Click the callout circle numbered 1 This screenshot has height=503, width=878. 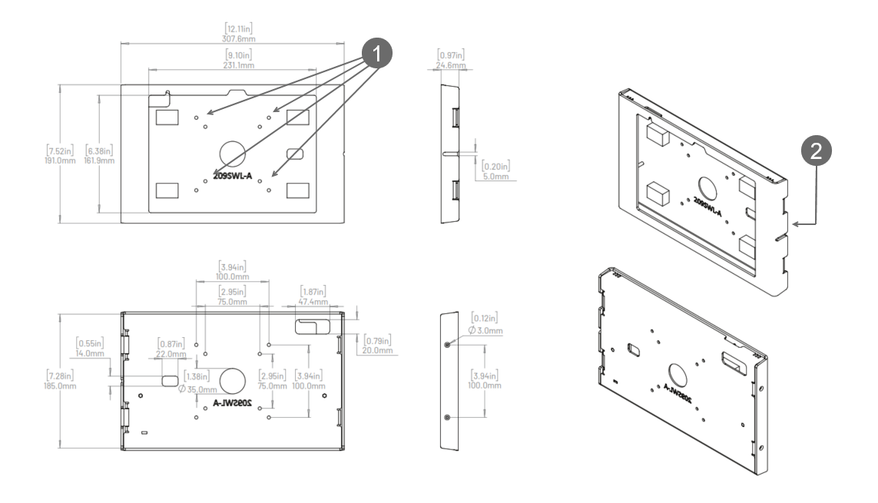coord(376,53)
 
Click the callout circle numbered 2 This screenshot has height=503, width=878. coord(816,151)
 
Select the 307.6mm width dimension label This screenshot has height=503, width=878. coord(239,39)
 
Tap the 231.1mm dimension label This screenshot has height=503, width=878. coord(239,65)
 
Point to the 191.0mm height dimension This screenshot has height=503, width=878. coord(60,160)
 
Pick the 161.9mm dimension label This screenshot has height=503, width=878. coord(99,160)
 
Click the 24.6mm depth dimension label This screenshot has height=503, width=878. coord(451,65)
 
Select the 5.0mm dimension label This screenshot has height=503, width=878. coord(496,177)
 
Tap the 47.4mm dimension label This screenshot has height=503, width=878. coord(313,302)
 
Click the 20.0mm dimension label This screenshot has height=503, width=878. coord(377,350)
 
